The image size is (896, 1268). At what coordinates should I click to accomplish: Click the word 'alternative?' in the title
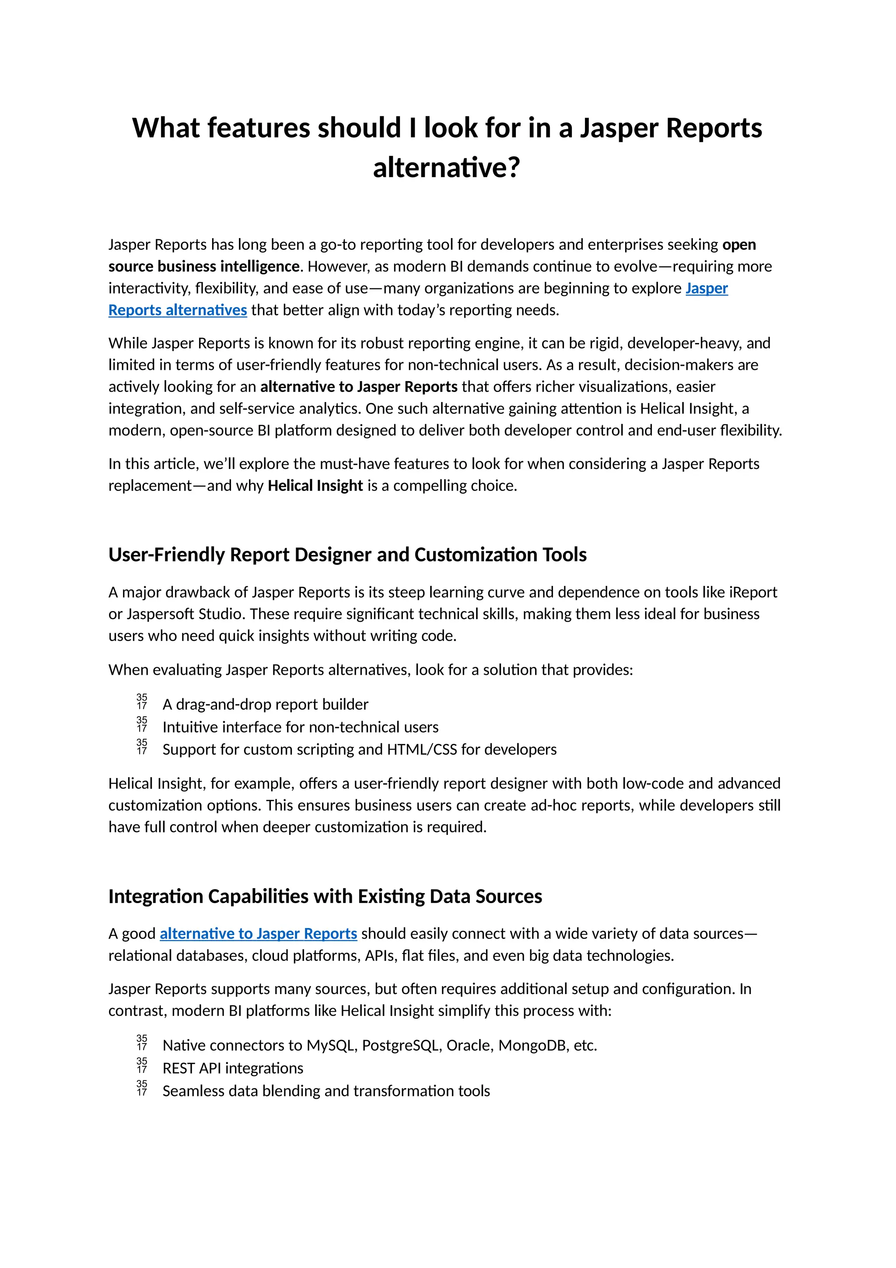coord(447,168)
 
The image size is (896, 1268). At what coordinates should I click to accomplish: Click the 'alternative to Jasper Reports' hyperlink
coord(259,933)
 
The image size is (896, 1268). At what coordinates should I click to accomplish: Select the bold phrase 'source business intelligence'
coord(204,267)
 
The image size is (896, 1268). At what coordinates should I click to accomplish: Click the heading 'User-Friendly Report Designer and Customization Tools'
coord(347,554)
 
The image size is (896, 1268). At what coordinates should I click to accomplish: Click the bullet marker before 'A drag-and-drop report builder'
coord(142,701)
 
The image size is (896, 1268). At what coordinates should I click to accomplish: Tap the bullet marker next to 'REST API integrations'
coord(142,1065)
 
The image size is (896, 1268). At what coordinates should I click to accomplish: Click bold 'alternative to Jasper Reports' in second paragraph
coord(359,387)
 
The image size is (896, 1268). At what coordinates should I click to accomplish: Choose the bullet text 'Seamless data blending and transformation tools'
coord(326,1091)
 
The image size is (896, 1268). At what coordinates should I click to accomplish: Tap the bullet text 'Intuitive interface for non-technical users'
coord(300,727)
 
